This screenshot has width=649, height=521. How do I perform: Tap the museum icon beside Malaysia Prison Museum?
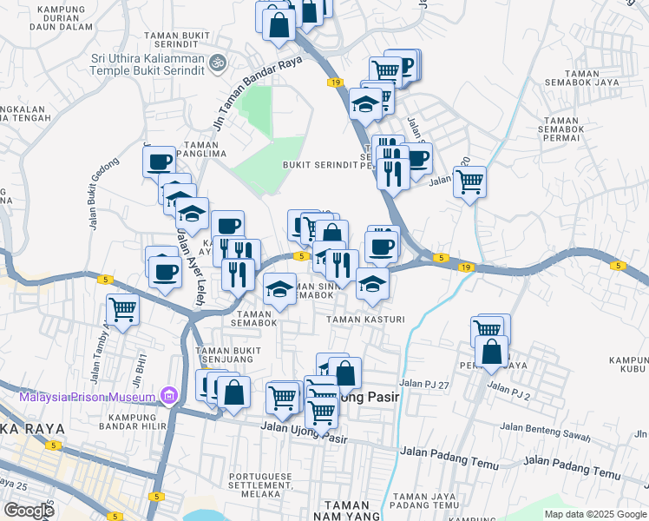(169, 398)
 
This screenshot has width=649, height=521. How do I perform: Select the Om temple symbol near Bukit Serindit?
(219, 63)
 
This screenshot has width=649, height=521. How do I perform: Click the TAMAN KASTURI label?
(365, 320)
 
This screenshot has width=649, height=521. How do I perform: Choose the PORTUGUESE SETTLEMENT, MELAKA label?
(269, 482)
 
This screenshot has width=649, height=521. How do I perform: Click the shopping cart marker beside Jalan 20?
(469, 181)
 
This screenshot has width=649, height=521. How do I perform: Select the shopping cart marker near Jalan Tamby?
(123, 308)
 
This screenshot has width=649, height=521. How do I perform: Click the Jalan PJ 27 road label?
(425, 383)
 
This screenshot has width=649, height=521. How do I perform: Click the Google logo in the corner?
(29, 511)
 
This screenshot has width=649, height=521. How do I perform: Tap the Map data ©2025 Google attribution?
(594, 514)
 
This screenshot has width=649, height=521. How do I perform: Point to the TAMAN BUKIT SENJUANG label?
(229, 356)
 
